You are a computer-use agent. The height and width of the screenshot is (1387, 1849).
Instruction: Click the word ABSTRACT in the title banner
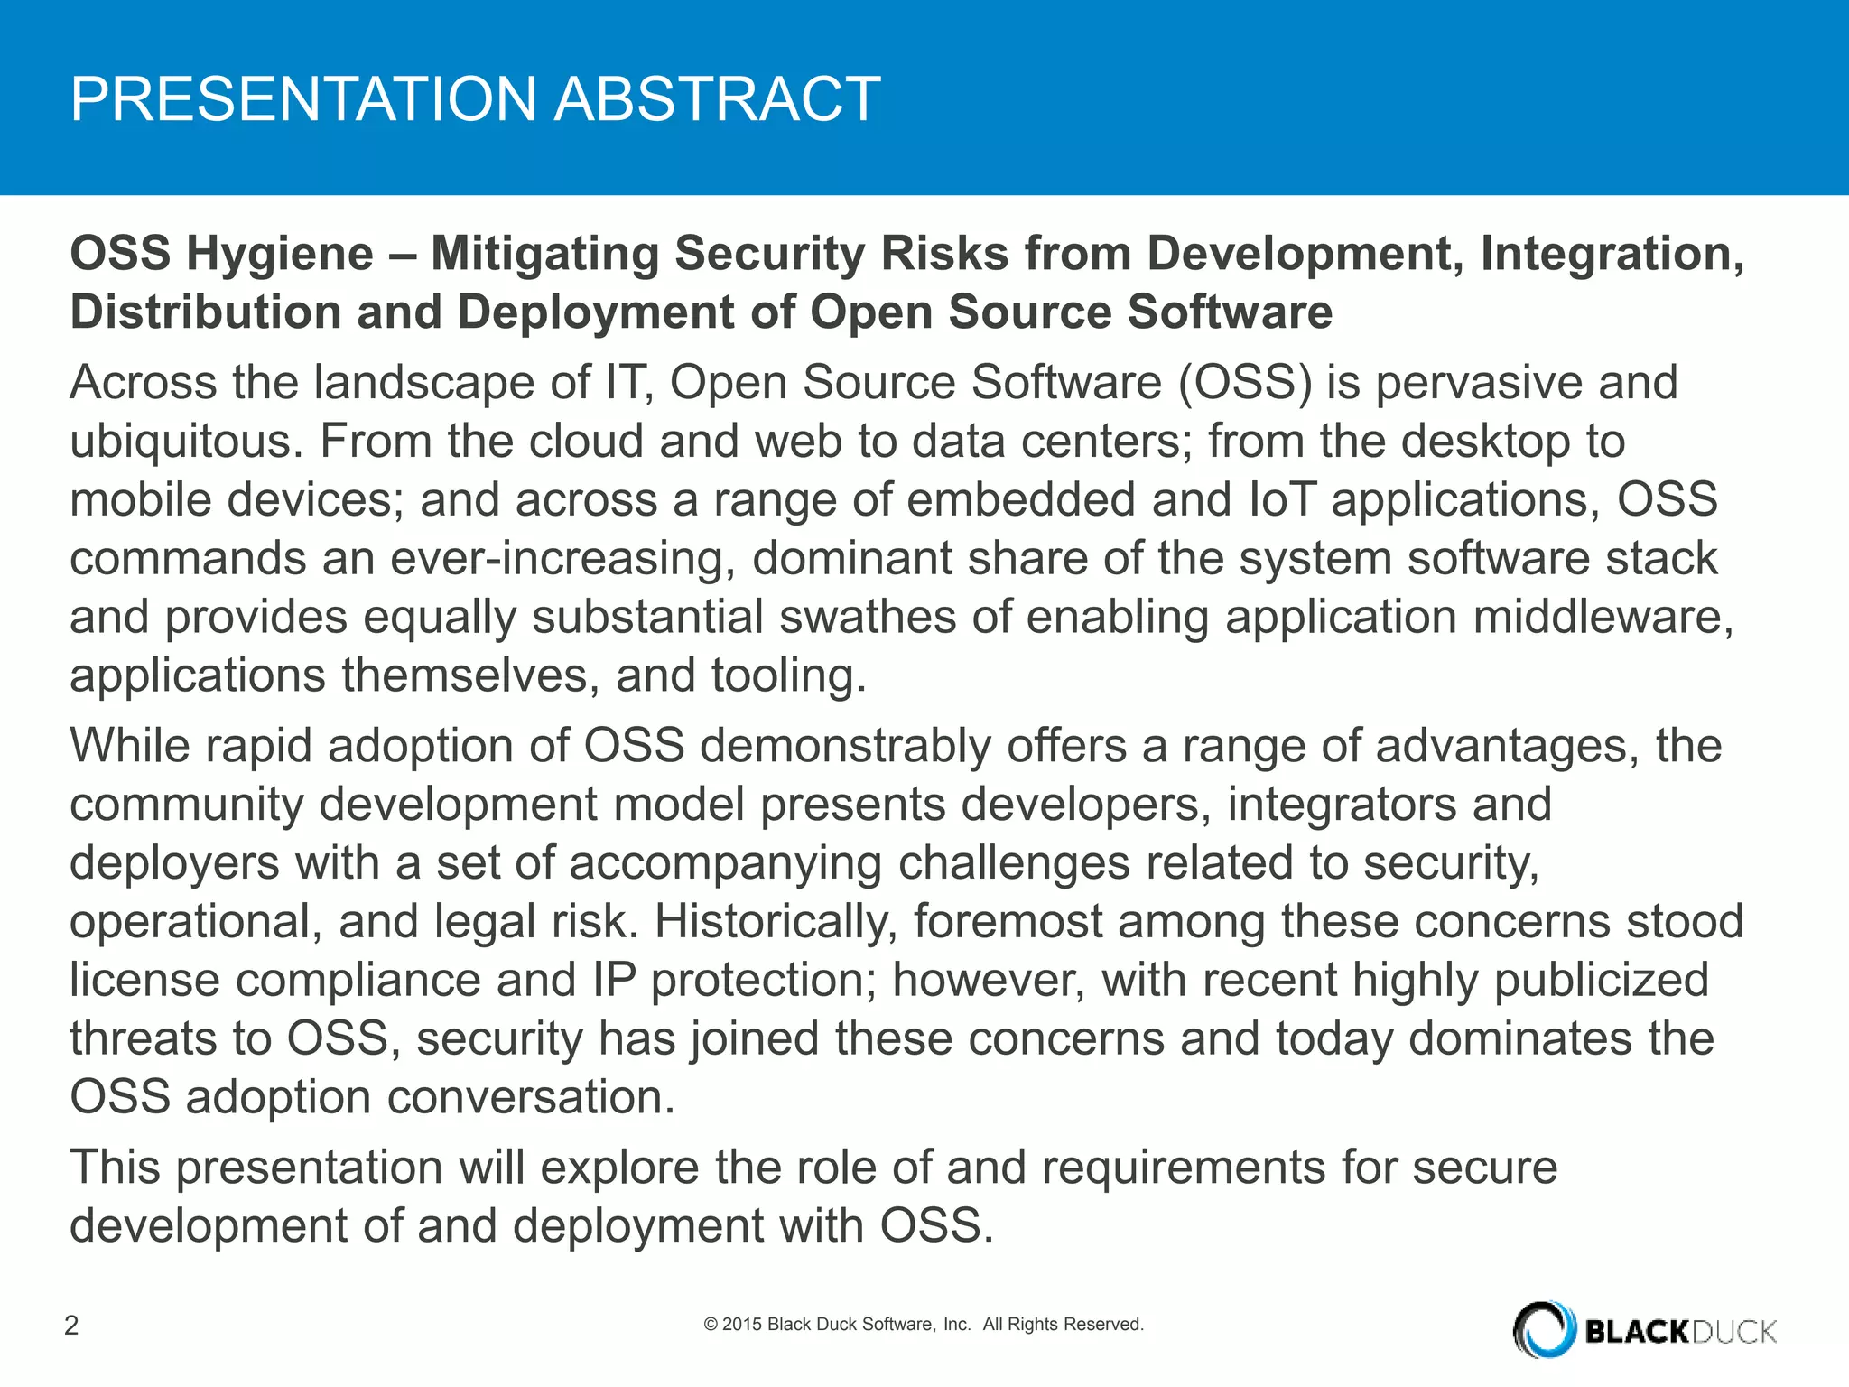click(x=717, y=98)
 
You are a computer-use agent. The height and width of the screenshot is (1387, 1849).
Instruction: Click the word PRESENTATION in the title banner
click(x=303, y=98)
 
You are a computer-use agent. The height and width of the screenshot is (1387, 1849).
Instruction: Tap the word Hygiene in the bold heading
click(x=280, y=253)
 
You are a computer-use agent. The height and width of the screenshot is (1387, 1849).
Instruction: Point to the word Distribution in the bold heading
click(x=205, y=312)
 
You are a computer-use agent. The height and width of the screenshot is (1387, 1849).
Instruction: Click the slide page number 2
click(x=71, y=1325)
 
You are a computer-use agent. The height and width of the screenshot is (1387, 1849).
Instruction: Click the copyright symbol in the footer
click(x=711, y=1325)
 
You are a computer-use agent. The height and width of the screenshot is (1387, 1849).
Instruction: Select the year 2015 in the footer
click(x=742, y=1325)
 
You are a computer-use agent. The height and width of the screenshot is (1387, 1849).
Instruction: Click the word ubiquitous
click(x=185, y=442)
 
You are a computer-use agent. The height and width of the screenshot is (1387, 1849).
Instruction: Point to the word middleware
click(x=1603, y=617)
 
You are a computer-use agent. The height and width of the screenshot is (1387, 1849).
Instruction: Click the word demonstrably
click(x=845, y=746)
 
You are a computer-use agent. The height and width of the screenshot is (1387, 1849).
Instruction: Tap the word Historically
click(x=776, y=921)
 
